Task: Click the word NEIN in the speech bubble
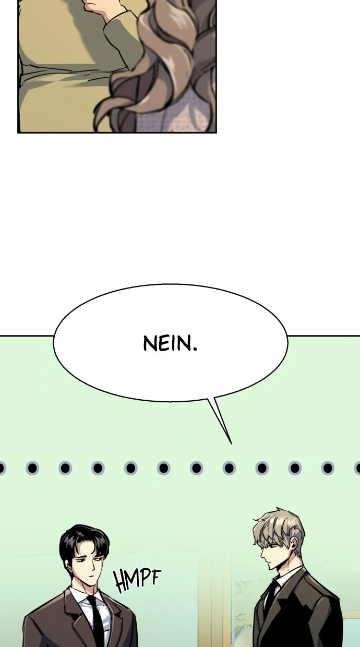point(167,343)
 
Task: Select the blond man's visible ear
point(294,546)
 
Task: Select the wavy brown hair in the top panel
point(162,66)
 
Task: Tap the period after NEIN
point(195,349)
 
